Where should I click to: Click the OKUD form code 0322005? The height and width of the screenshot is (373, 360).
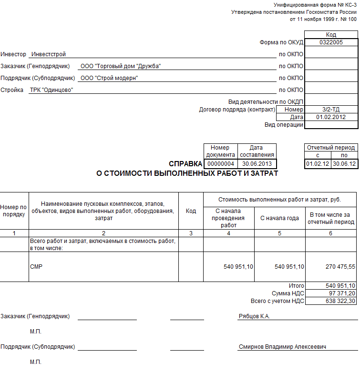[x=331, y=42]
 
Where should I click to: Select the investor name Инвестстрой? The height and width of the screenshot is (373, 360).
[x=48, y=54]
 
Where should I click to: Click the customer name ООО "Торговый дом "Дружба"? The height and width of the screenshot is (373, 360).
[x=121, y=66]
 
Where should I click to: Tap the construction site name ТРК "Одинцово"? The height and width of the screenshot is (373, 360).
[x=51, y=90]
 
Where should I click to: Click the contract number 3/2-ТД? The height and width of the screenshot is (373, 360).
[x=331, y=109]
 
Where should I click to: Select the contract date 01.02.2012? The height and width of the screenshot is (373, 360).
[x=331, y=117]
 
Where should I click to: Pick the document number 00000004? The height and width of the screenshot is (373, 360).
[x=220, y=163]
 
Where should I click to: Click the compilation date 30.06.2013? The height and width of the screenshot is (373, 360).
[x=257, y=163]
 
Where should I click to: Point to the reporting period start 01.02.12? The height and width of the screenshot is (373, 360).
[x=318, y=163]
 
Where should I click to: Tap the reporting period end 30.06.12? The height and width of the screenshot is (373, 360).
[x=345, y=163]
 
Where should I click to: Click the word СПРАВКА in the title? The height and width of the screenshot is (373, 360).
[x=185, y=164]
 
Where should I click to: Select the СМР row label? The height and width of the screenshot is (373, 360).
[x=36, y=267]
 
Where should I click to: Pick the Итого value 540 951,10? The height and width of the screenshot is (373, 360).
[x=340, y=286]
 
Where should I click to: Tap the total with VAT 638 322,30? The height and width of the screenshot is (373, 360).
[x=340, y=301]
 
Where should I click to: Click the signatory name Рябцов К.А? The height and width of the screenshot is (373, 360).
[x=254, y=316]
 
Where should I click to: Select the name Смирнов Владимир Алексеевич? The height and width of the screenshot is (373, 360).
[x=282, y=347]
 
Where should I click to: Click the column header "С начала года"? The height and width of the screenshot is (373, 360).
[x=279, y=218]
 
